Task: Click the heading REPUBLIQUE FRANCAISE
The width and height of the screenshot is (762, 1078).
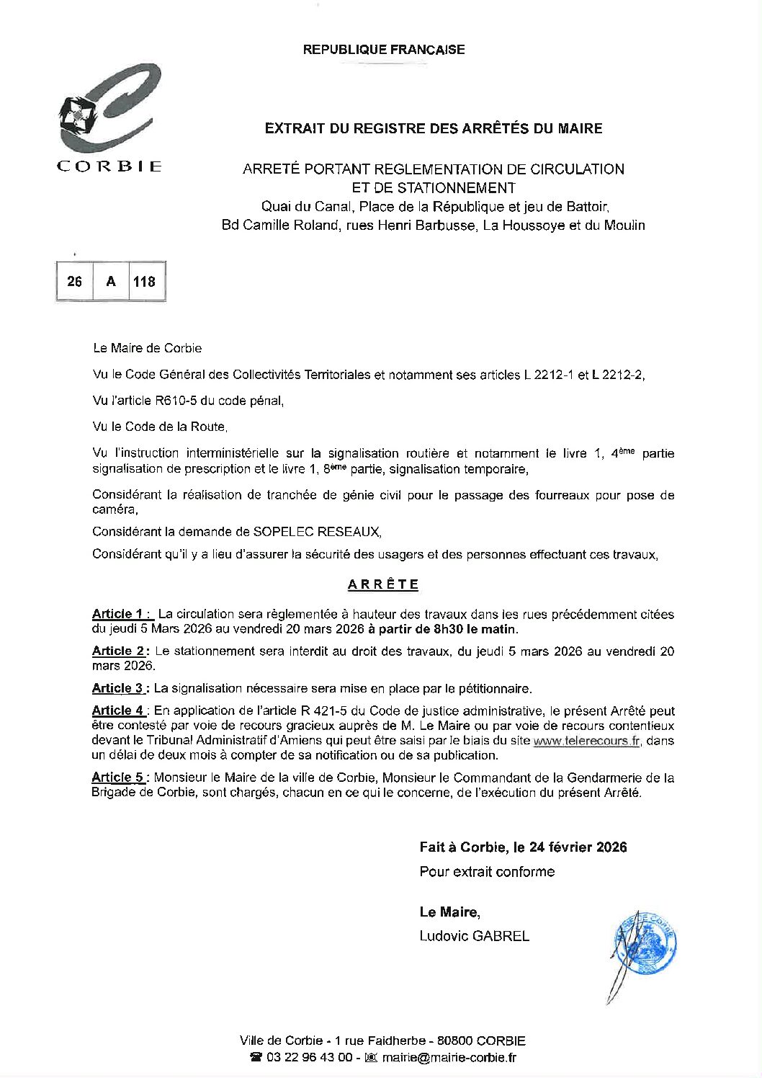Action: click(x=384, y=50)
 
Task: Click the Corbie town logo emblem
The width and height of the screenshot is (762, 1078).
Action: click(x=108, y=108)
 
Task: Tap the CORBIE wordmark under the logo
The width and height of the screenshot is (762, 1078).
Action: click(x=109, y=166)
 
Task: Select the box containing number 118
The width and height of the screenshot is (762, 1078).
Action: click(x=145, y=282)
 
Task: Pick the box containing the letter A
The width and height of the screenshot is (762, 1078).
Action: click(x=111, y=282)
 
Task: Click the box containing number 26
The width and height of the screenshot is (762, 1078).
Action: click(x=75, y=282)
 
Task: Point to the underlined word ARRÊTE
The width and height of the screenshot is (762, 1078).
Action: click(x=383, y=584)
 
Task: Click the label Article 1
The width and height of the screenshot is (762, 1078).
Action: click(x=122, y=614)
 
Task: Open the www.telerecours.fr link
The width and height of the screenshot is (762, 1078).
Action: click(x=586, y=741)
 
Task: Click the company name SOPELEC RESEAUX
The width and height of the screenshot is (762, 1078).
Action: click(x=316, y=532)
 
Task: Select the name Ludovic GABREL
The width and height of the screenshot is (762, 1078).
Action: click(x=475, y=936)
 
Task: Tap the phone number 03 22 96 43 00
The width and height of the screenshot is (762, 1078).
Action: click(x=309, y=1058)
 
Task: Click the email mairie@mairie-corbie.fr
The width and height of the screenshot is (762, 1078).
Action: click(x=449, y=1058)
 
